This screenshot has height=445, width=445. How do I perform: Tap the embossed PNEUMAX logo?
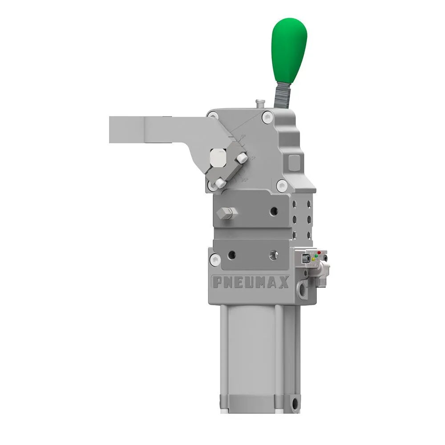tap(251, 282)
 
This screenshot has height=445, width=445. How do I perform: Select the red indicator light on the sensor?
tap(319, 253)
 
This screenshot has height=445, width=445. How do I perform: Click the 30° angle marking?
tap(244, 180)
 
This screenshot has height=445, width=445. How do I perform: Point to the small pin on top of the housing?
tap(259, 103)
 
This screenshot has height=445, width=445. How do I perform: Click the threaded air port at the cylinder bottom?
tap(295, 404)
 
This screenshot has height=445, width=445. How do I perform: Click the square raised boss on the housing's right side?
tap(295, 162)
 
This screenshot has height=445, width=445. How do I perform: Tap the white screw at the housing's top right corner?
tap(267, 117)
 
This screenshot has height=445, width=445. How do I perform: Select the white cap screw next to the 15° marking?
tap(242, 158)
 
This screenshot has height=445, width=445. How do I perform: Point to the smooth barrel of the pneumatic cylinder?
tap(251, 356)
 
